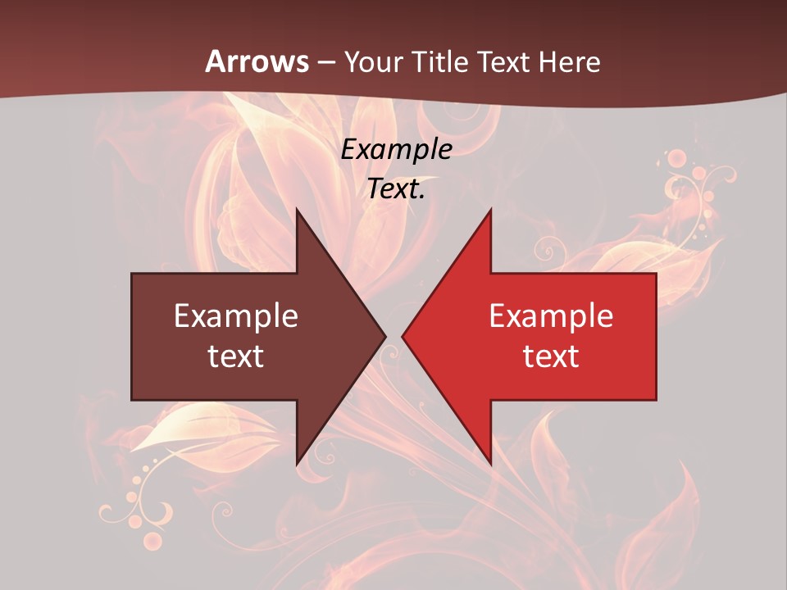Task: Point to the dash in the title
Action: [326, 62]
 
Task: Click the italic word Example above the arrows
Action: [397, 150]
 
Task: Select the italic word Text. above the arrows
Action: [397, 189]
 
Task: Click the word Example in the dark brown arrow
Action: [236, 316]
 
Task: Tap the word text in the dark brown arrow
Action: [236, 356]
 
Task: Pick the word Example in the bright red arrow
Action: [551, 316]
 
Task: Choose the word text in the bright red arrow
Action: [551, 356]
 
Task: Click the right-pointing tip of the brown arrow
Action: [385, 336]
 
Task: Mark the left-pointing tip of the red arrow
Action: [403, 336]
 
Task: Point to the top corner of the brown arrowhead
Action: [297, 210]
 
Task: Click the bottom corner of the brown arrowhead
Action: [297, 464]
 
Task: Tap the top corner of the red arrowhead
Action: [490, 210]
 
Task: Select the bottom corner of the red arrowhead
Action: [490, 464]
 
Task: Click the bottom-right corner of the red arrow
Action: [656, 399]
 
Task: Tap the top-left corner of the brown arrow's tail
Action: [132, 274]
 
